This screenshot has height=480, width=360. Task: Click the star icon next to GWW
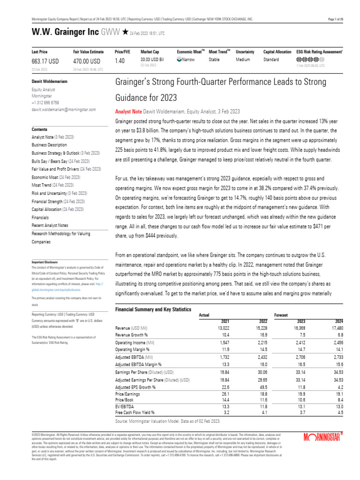click(125, 32)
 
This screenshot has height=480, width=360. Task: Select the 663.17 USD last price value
click(45, 61)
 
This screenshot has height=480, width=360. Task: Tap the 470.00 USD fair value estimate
click(87, 61)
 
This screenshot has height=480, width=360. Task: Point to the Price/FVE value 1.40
click(120, 61)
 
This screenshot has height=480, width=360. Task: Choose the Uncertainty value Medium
click(243, 60)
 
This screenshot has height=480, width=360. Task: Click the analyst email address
click(63, 109)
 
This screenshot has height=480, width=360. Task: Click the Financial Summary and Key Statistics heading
click(153, 309)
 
